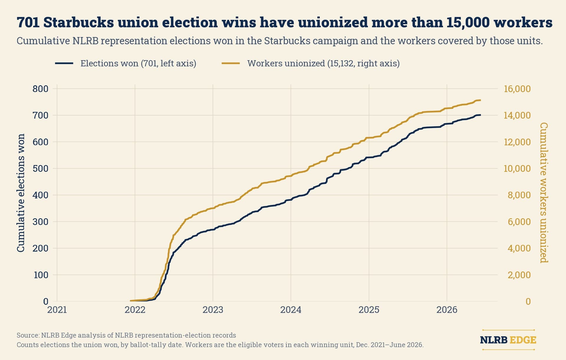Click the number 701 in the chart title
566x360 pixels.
(28, 22)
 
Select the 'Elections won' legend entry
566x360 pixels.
(126, 63)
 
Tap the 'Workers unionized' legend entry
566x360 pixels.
(310, 63)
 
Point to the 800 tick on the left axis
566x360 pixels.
(40, 89)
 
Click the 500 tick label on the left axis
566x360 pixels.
(40, 169)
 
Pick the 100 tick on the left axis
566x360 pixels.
(41, 275)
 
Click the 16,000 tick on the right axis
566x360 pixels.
(517, 89)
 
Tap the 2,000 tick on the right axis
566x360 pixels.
(519, 275)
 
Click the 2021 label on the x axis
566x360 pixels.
(57, 310)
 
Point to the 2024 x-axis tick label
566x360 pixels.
(291, 310)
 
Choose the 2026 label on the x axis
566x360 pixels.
(447, 310)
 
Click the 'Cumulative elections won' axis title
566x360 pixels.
(21, 193)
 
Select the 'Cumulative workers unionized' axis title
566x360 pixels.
(544, 193)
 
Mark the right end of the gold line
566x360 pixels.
(481, 100)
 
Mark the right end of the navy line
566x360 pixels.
(481, 115)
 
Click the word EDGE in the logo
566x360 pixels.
(523, 340)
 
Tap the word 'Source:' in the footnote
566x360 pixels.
(28, 335)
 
